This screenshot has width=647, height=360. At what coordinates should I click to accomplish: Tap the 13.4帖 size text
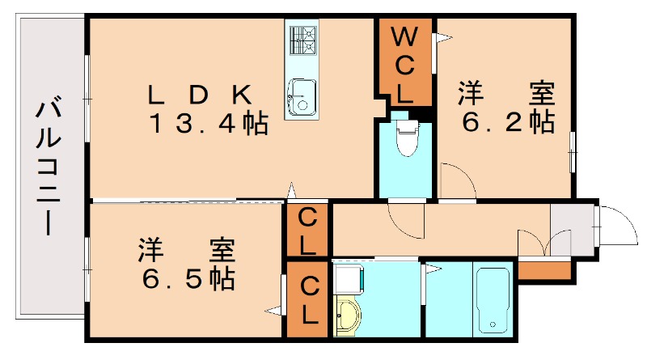209,123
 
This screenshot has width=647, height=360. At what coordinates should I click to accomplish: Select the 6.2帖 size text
508,121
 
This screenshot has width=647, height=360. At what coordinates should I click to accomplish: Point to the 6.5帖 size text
189,278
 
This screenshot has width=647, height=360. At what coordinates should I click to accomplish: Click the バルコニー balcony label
49,165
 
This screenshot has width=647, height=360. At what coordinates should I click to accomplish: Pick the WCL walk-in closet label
404,65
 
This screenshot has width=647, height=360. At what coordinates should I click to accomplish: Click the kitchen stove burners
303,40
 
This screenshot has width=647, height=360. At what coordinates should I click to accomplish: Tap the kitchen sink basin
302,97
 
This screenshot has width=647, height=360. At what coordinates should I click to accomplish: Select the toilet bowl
408,138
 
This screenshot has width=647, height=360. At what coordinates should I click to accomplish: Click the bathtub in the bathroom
493,300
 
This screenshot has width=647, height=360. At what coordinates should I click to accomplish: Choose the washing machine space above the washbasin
349,278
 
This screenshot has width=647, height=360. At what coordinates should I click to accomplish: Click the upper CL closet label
307,231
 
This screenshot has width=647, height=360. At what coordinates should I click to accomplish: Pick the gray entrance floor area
573,230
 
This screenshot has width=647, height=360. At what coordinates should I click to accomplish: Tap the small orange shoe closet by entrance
544,270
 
